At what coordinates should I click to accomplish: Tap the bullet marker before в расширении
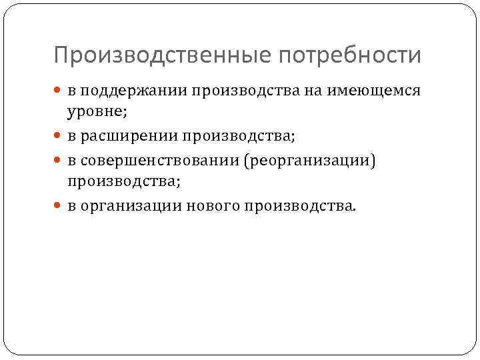59,136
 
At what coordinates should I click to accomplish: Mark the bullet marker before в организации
59,207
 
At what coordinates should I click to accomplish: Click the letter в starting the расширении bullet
71,137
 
